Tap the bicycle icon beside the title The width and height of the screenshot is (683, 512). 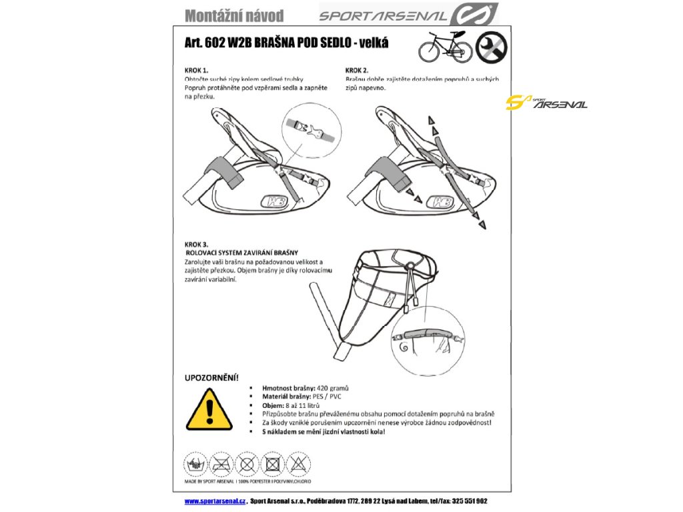[445, 45]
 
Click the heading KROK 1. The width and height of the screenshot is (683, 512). [197, 69]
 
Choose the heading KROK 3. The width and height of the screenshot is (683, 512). [197, 245]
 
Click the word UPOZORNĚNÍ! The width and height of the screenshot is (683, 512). [211, 377]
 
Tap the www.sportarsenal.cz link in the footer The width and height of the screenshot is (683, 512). [215, 501]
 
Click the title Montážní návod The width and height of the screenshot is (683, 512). [234, 15]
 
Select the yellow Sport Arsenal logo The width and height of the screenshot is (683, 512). [546, 103]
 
